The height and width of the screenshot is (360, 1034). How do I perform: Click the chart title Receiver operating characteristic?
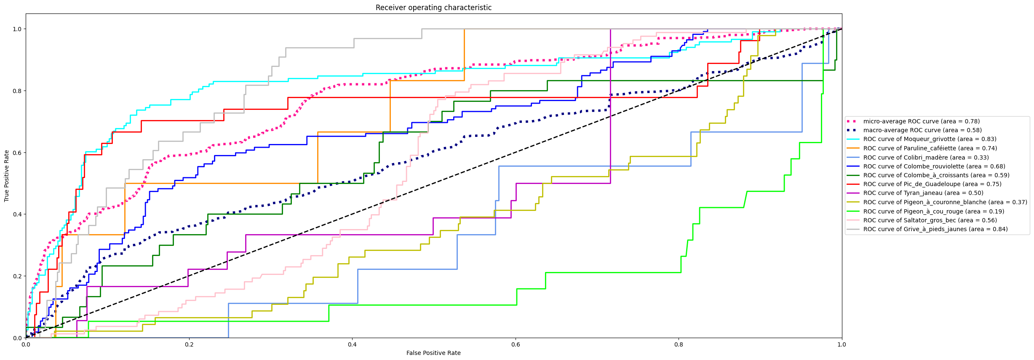click(433, 8)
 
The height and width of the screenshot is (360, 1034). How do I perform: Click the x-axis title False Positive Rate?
click(433, 353)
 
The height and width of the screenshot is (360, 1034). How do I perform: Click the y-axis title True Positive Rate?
click(7, 176)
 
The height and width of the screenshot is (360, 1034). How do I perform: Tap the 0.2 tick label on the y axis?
click(17, 276)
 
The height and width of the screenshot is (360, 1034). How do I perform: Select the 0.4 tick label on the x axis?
click(352, 344)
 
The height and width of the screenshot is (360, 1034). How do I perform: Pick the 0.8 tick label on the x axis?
click(679, 344)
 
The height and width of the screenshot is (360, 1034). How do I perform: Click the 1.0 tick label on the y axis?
click(17, 29)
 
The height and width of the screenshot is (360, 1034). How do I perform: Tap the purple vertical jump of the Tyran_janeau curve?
click(610, 105)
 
